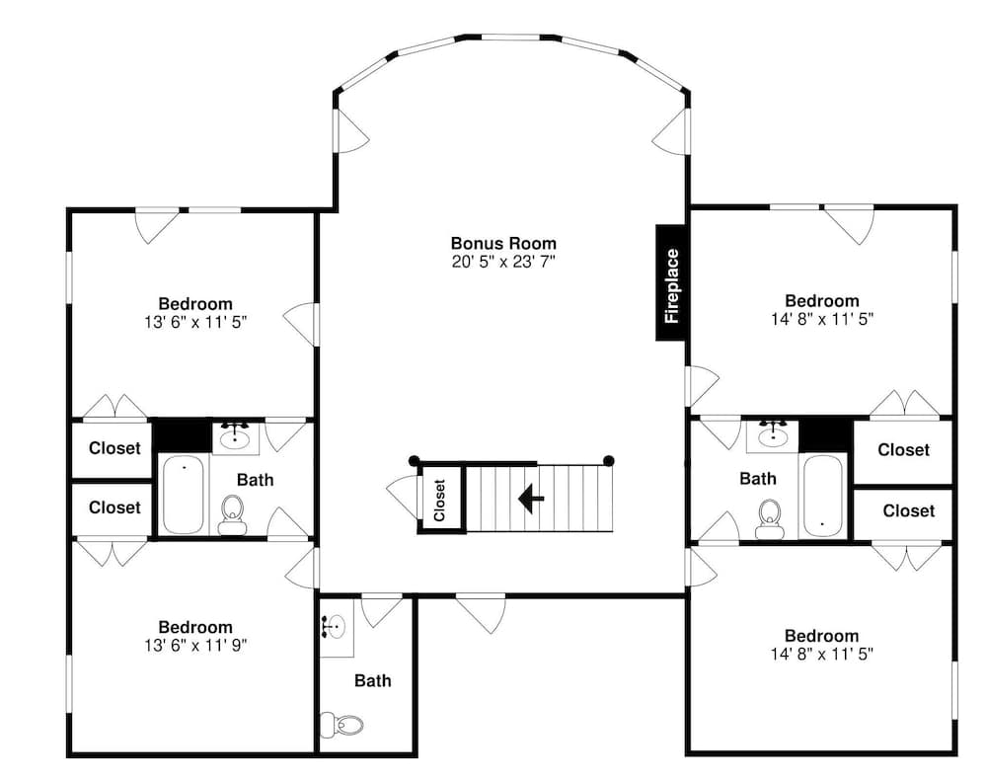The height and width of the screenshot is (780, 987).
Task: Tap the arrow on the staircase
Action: coord(531,499)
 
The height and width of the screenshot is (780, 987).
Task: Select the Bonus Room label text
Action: coord(503,243)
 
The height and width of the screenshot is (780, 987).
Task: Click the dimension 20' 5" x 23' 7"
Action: coord(503,262)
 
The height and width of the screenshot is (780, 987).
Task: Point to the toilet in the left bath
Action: coord(233,511)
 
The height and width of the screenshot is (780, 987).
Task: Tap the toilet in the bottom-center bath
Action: coord(342,726)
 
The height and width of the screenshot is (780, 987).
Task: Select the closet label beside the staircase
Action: coord(440,500)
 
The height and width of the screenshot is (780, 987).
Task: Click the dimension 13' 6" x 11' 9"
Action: coord(195,646)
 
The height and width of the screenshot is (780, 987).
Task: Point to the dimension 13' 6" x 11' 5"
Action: coord(195,322)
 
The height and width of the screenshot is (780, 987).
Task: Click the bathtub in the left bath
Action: coord(183,495)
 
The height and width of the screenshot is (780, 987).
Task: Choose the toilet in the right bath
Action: coord(770,517)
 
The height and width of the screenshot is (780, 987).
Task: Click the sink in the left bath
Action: coord(234,435)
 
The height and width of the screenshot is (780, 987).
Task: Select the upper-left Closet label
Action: coord(114,448)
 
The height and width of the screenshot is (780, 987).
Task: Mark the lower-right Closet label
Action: coord(908,510)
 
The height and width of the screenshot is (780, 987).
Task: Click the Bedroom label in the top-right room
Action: coord(821,301)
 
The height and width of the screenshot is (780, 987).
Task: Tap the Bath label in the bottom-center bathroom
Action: coord(372,680)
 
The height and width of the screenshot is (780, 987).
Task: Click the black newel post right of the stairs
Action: coord(609,460)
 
